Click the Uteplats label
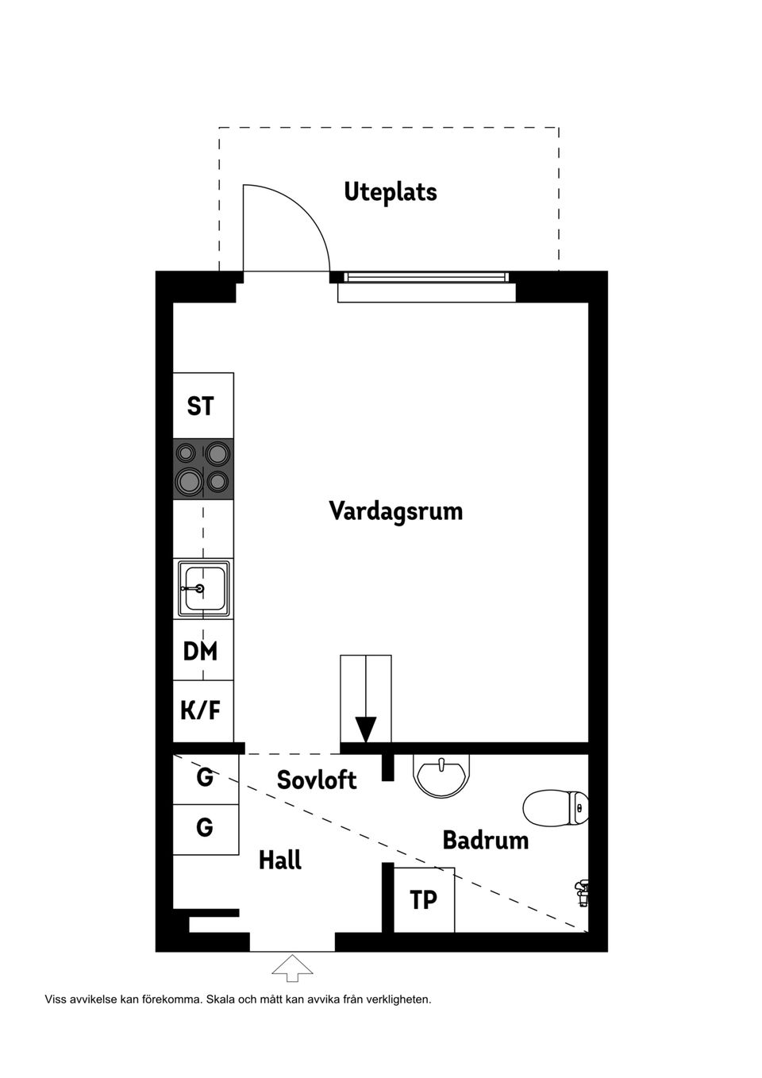390,192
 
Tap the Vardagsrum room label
395,510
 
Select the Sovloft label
317,780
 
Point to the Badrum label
485,840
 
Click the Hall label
280,860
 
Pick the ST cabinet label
201,406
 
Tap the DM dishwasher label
200,652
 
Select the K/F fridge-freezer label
200,710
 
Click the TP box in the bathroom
424,900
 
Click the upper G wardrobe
205,778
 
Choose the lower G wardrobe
205,828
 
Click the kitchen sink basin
204,588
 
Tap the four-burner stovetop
204,468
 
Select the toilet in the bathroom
556,807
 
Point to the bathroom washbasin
441,774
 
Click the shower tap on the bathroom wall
582,893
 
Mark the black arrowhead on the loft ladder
365,729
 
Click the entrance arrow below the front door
292,968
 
